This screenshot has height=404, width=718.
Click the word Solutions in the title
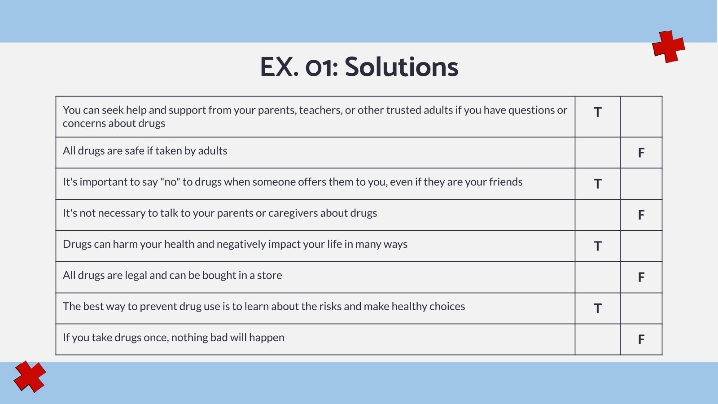[x=401, y=67]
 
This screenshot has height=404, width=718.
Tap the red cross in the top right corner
[x=669, y=47]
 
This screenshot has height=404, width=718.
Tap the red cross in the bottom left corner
[x=30, y=377]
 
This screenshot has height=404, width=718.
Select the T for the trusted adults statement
[x=597, y=112]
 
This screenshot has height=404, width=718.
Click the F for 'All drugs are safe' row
[x=641, y=153]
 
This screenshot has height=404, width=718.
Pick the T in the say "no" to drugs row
[x=597, y=184]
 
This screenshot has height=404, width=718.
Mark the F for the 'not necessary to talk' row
[x=641, y=215]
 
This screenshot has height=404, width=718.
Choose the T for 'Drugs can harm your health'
[x=597, y=246]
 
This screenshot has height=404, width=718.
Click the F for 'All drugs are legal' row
[x=641, y=277]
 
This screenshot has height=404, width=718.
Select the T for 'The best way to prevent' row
[x=597, y=308]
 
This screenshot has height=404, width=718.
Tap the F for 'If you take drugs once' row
[x=641, y=339]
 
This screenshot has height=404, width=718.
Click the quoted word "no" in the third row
[x=170, y=182]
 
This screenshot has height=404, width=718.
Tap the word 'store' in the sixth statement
[x=269, y=275]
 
